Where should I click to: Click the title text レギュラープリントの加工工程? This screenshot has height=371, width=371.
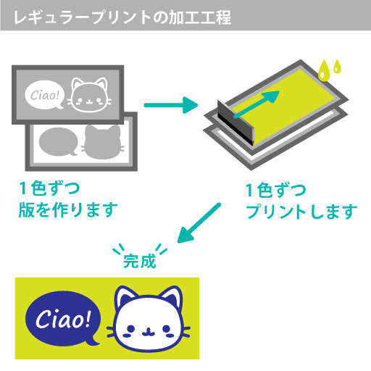(x=122, y=17)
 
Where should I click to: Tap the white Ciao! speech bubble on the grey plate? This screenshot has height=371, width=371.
(x=45, y=95)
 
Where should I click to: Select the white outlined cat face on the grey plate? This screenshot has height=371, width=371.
(x=89, y=95)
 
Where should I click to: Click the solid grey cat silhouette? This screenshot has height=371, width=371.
(x=103, y=142)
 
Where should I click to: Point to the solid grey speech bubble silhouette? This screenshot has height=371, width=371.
(x=58, y=142)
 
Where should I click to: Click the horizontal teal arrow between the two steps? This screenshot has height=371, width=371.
(x=171, y=105)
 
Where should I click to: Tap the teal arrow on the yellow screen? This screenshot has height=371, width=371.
(x=257, y=104)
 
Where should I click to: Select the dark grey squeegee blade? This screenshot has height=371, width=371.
(x=235, y=122)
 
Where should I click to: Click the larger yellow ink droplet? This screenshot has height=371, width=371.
(x=324, y=70)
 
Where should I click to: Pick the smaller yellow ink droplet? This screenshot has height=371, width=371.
(x=337, y=66)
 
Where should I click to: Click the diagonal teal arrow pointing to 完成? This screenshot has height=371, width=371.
(x=199, y=222)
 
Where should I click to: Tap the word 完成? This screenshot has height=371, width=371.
(x=140, y=261)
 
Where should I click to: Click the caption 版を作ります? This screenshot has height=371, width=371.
(x=68, y=210)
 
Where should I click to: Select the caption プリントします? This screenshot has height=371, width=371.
(x=301, y=212)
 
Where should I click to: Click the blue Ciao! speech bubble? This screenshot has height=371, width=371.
(x=63, y=318)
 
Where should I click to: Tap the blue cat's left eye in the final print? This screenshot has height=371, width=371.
(x=130, y=329)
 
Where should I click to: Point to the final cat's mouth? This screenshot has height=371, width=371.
(x=149, y=333)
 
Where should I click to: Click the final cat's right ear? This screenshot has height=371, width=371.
(x=172, y=298)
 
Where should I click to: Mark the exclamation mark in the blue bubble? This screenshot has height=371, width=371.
(x=88, y=318)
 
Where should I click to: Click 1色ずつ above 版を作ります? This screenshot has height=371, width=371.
(x=49, y=188)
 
